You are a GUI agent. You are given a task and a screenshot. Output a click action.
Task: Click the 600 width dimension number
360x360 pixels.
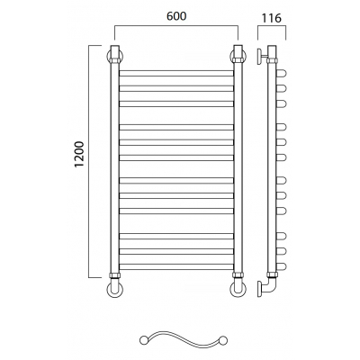(x=176, y=16)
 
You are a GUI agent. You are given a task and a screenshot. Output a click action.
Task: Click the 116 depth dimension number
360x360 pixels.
(x=272, y=18)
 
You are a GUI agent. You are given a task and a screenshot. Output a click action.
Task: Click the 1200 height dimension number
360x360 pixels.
(x=80, y=154)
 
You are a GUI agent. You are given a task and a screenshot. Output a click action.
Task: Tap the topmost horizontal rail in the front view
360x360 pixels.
(x=176, y=73)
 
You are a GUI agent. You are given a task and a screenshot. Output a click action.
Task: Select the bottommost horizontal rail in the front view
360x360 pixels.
(x=176, y=266)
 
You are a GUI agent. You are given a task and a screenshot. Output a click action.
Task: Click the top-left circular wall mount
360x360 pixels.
(x=109, y=57)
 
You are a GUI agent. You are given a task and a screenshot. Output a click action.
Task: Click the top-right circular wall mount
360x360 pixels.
(x=245, y=57)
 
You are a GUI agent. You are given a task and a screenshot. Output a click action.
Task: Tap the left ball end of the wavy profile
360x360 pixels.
(x=143, y=339)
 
